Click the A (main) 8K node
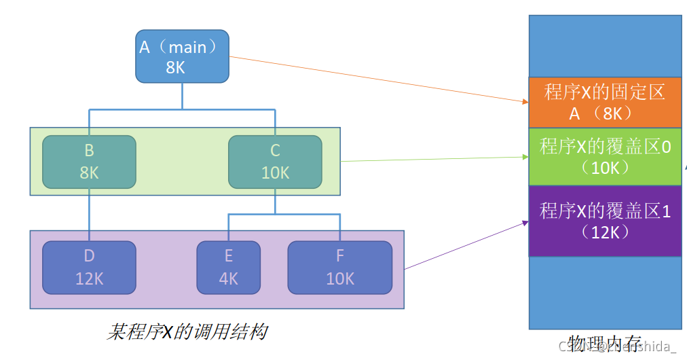click(x=182, y=56)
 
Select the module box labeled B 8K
click(x=89, y=162)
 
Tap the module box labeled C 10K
click(x=275, y=162)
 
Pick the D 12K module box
click(x=89, y=268)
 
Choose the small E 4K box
click(x=229, y=268)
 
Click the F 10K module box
click(x=340, y=268)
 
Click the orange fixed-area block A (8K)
click(x=605, y=103)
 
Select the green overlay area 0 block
click(x=605, y=156)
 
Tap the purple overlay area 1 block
click(x=605, y=221)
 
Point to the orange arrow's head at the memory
click(x=525, y=102)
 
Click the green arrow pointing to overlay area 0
click(x=434, y=159)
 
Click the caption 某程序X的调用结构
click(x=187, y=332)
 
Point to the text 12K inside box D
click(x=89, y=278)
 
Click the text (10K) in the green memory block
click(x=605, y=167)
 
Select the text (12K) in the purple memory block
click(x=605, y=232)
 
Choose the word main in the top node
click(x=192, y=48)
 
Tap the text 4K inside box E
click(x=229, y=278)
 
